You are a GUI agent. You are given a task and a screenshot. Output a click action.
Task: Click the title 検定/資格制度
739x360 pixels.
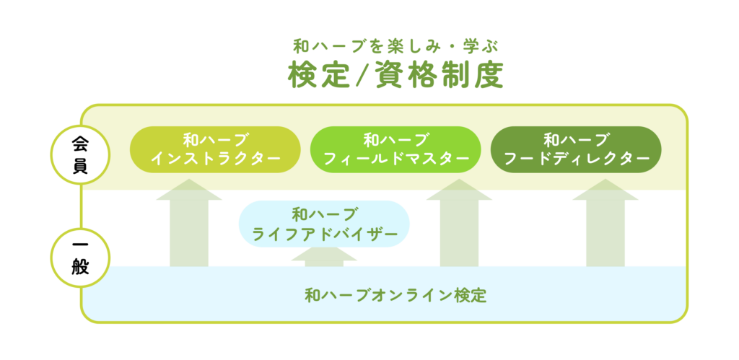395,75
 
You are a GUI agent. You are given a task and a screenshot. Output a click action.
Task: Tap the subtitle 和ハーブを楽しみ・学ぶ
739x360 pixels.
396,46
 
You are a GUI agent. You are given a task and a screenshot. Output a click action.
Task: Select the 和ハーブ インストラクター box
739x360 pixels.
215,149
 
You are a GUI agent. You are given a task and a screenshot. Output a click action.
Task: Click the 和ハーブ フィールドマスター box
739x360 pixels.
395,149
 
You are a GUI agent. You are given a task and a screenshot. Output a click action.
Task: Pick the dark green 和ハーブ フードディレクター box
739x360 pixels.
576,149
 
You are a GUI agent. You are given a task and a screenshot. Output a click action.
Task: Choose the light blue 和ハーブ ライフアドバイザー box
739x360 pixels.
324,224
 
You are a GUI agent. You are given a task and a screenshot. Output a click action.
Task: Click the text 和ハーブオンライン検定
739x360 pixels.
395,296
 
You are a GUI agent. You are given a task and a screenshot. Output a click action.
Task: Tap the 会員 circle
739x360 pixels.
80,154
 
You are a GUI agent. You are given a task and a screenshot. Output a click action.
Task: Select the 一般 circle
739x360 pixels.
80,258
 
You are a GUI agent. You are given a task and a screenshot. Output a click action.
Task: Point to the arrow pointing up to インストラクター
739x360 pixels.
189,223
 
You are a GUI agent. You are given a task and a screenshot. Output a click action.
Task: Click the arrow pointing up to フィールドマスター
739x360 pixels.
459,223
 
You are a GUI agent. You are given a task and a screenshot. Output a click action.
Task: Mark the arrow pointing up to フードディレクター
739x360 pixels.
605,223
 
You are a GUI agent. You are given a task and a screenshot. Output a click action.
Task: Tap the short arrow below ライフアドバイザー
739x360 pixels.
324,258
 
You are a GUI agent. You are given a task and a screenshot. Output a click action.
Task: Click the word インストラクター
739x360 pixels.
215,158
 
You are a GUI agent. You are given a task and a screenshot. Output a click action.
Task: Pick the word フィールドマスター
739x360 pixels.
396,158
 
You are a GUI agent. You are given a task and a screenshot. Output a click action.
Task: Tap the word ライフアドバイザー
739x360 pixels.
324,233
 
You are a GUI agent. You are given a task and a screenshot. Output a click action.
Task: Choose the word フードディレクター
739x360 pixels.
576,158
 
